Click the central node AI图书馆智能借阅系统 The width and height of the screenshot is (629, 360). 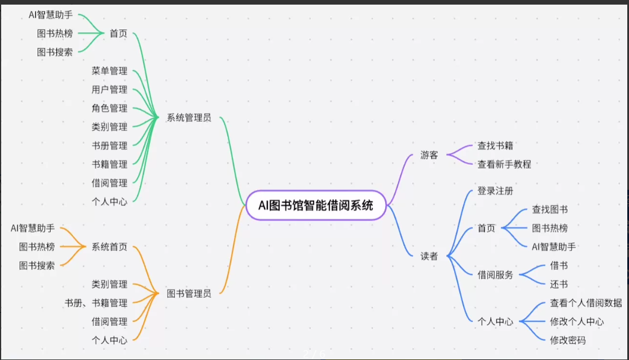tap(315, 205)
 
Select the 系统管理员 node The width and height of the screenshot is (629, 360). tap(189, 118)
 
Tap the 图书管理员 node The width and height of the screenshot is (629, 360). tap(189, 293)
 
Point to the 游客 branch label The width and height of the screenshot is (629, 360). tap(429, 155)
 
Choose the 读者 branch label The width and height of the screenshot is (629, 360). tap(429, 256)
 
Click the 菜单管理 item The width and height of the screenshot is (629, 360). tap(109, 71)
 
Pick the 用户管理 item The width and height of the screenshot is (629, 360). tap(109, 89)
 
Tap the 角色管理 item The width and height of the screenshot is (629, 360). tap(109, 108)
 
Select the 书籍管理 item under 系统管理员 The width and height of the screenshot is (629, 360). tap(109, 164)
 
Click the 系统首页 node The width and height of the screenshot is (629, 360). tap(109, 247)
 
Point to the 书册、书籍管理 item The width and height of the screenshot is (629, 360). tap(96, 302)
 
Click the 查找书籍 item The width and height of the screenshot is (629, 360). tap(495, 145)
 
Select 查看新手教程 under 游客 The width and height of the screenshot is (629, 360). tap(504, 164)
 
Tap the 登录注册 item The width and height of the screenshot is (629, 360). tap(495, 191)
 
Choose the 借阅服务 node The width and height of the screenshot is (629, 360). tap(495, 275)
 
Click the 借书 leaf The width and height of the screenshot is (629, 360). tap(559, 265)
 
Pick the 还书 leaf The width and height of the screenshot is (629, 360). tap(559, 284)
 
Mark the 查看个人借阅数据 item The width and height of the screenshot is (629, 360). tap(586, 303)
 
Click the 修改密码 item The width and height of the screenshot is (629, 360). tap(567, 340)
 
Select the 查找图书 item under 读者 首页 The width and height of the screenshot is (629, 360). tap(549, 209)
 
